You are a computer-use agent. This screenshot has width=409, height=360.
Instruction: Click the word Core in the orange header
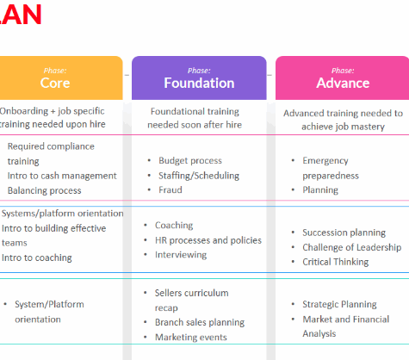(x=55, y=83)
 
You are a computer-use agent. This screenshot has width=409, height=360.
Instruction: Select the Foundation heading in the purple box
(x=199, y=83)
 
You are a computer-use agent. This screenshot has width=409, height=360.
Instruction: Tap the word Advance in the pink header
(x=343, y=83)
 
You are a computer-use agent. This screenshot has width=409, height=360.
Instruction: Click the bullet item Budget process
(x=190, y=160)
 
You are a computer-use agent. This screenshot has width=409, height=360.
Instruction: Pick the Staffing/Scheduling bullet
(x=199, y=176)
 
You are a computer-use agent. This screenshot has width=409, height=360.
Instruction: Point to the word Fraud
(x=170, y=189)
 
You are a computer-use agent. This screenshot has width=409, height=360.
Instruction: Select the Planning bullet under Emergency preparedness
(x=320, y=190)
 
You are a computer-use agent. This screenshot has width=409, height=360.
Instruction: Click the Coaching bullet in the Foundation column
(x=174, y=226)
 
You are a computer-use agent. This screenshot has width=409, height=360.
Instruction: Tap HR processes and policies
(x=208, y=240)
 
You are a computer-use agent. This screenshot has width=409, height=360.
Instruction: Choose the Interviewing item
(x=181, y=255)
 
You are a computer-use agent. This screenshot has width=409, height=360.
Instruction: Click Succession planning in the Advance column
(x=344, y=233)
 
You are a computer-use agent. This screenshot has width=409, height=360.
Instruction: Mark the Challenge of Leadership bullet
(x=352, y=247)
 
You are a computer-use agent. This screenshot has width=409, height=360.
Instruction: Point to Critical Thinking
(x=336, y=262)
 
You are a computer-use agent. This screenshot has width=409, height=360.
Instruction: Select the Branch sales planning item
(x=200, y=322)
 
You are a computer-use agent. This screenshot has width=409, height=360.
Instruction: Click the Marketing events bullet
(x=191, y=337)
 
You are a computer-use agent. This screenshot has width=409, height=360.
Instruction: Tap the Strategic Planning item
(x=339, y=304)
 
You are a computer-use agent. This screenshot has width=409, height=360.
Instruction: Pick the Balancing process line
(x=45, y=190)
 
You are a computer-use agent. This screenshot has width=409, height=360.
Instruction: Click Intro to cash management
(x=62, y=176)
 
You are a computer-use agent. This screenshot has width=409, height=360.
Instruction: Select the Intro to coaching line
(x=37, y=258)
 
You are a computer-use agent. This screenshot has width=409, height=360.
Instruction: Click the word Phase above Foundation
(x=199, y=71)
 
